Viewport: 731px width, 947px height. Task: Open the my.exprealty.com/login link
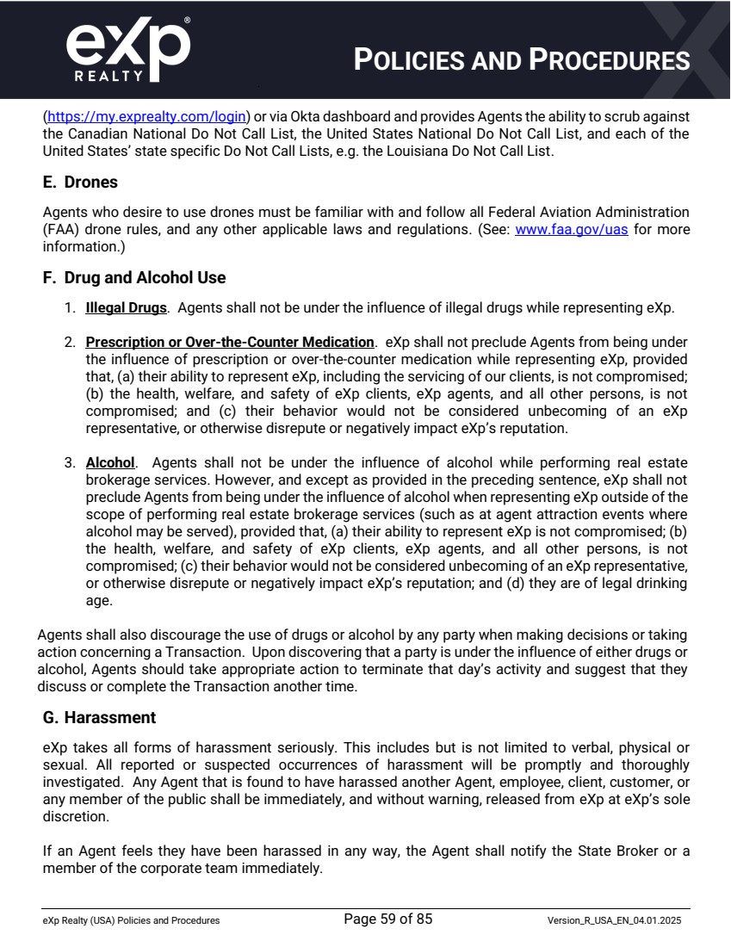147,115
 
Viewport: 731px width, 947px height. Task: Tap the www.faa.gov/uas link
571,230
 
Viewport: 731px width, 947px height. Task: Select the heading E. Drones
80,183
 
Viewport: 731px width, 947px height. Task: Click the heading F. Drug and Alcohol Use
134,278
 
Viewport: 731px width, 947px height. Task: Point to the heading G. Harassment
99,717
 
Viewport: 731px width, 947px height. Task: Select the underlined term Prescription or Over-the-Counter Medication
230,342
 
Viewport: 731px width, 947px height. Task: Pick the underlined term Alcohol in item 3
110,462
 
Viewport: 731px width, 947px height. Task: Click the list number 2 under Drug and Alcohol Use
70,342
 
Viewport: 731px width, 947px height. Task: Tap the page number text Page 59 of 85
387,919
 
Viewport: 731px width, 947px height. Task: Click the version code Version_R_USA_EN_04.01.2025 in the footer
614,920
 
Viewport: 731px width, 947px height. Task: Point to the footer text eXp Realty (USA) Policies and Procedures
131,920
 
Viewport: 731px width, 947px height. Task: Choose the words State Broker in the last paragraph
591,851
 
